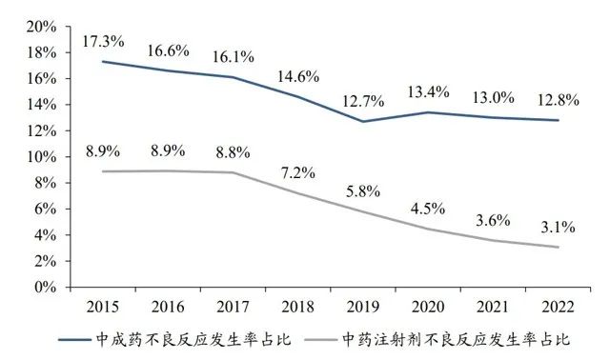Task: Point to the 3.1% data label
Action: click(557, 227)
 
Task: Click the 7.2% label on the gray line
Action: click(297, 173)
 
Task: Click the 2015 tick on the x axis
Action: click(103, 307)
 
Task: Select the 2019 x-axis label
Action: click(363, 307)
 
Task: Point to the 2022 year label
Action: click(558, 307)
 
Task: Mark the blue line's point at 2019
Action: click(363, 121)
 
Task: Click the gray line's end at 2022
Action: click(558, 247)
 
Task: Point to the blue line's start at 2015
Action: click(103, 62)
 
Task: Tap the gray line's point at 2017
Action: click(233, 172)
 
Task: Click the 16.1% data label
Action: click(233, 57)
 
